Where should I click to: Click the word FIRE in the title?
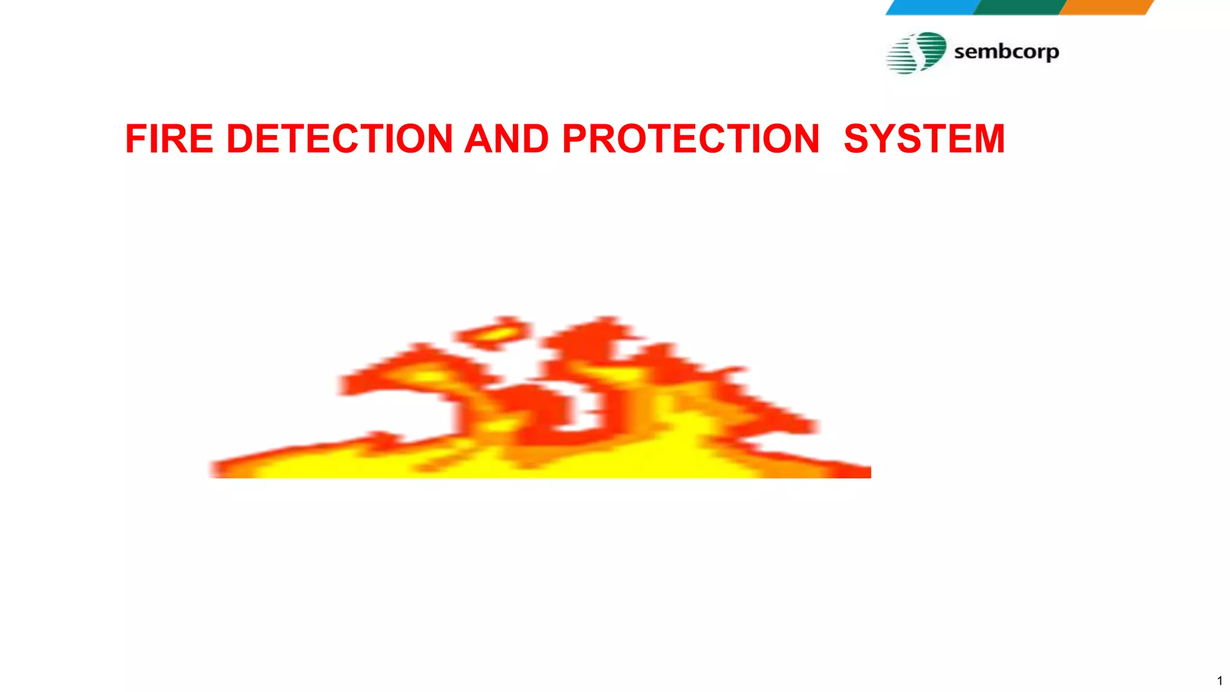click(169, 139)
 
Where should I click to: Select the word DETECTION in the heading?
click(339, 139)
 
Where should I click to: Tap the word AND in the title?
click(506, 139)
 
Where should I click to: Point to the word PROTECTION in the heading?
click(691, 139)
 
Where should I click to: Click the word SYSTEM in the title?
click(924, 139)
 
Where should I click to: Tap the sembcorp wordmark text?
click(1006, 52)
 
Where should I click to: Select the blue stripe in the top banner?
click(932, 7)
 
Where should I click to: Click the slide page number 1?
click(1219, 681)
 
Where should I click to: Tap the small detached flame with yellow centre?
click(494, 334)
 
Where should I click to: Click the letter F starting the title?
click(135, 139)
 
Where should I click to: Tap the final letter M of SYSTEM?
click(988, 139)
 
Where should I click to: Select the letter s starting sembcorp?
click(960, 52)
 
